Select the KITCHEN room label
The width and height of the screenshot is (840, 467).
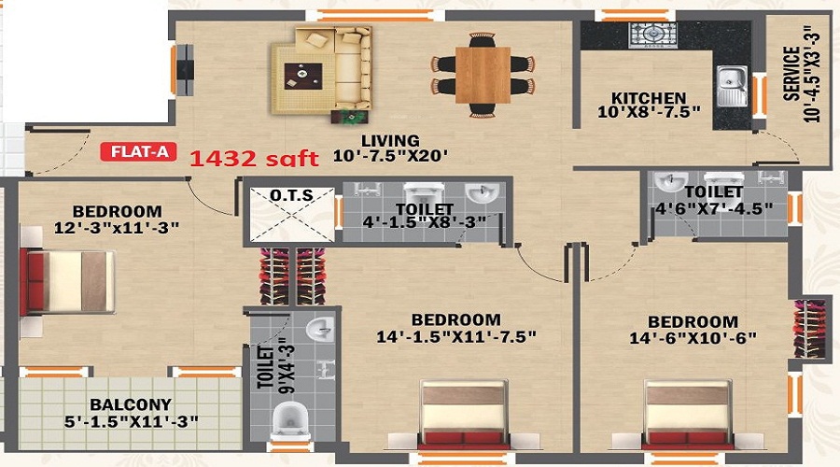[649, 98]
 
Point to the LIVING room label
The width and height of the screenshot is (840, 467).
[391, 141]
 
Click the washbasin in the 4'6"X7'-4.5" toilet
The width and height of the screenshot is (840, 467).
[668, 180]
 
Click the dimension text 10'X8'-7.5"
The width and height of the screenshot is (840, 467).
[649, 113]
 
